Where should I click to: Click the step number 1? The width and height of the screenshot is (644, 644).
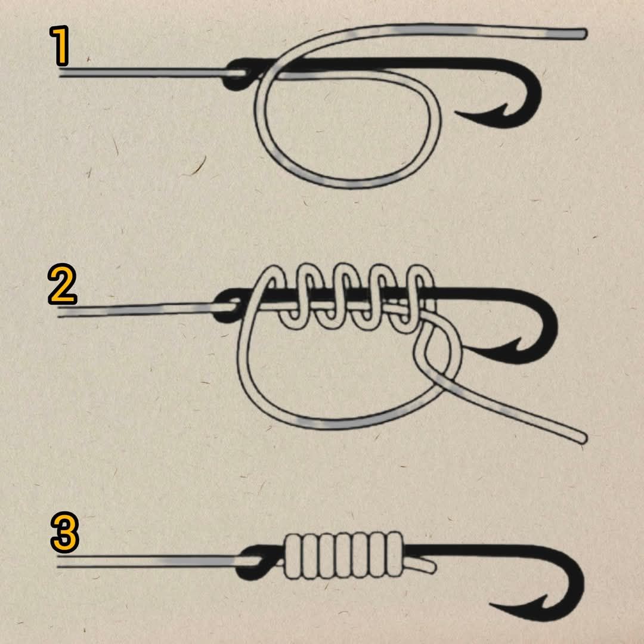60,45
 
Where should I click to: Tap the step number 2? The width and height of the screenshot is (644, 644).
63,284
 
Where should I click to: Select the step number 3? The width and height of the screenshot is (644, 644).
65,532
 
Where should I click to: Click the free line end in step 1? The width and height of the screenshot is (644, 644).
583,33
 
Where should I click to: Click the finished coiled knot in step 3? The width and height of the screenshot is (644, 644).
343,555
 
